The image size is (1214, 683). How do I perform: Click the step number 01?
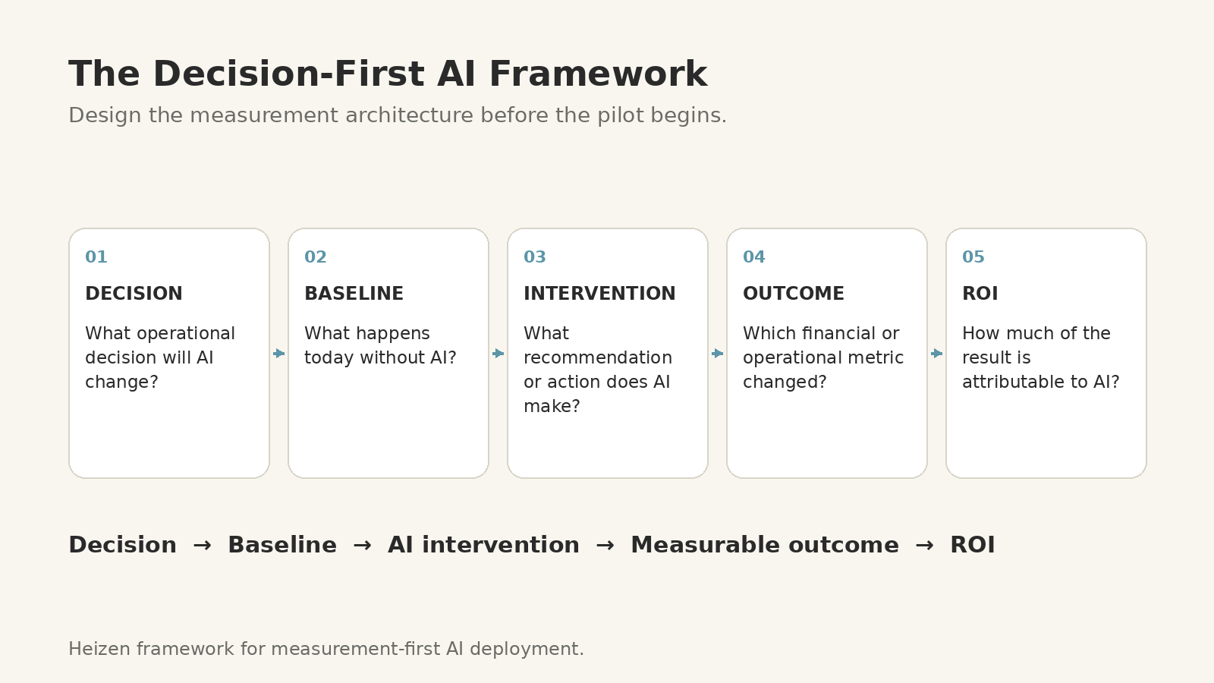(96, 257)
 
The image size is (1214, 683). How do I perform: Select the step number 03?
(534, 257)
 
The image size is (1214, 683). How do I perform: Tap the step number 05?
(973, 257)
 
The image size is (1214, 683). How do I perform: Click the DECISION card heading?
(134, 293)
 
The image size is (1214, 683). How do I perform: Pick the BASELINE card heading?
(354, 293)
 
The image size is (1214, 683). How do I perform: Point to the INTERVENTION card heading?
(599, 293)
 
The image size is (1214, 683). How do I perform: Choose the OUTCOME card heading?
(794, 293)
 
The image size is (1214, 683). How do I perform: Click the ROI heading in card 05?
(980, 293)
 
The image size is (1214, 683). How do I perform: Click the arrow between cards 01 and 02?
(279, 354)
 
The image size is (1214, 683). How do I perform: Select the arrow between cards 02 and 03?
(498, 354)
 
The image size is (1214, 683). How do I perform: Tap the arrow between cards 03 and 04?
(718, 354)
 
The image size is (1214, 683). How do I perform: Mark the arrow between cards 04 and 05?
(936, 354)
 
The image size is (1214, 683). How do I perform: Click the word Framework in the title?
(599, 74)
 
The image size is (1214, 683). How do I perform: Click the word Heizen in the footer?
(99, 649)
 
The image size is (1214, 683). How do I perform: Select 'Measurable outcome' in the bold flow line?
(765, 545)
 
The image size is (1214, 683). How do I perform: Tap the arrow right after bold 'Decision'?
(202, 546)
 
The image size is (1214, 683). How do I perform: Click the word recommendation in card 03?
(598, 357)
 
